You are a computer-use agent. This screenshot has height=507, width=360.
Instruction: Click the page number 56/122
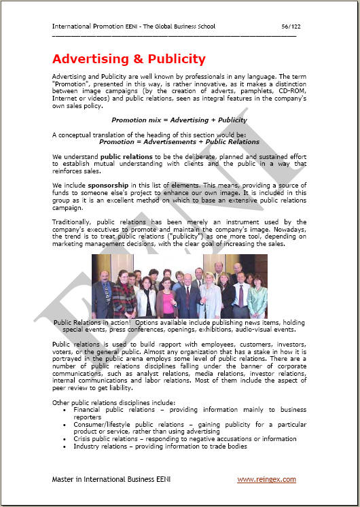click(x=289, y=27)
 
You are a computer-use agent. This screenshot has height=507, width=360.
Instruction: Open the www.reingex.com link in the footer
click(x=266, y=479)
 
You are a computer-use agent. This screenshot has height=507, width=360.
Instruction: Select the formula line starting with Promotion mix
click(x=179, y=120)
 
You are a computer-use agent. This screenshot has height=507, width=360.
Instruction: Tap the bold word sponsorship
click(x=105, y=184)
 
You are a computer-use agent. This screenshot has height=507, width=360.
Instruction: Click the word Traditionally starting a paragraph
click(x=75, y=222)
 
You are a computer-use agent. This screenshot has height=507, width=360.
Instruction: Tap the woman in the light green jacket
click(x=257, y=299)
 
